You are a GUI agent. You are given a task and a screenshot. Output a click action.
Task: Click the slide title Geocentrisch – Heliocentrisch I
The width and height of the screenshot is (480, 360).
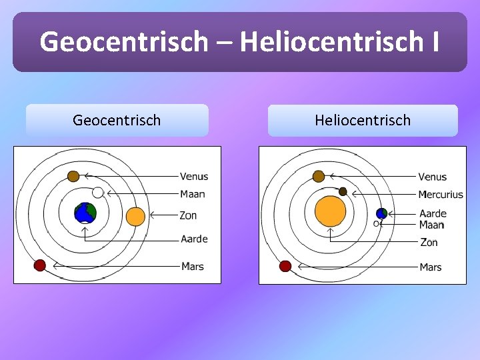(x=239, y=41)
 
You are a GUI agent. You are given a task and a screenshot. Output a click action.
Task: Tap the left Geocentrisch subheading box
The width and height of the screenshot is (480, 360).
(x=117, y=121)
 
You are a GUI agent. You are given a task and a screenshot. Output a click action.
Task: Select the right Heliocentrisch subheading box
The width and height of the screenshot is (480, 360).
(x=363, y=121)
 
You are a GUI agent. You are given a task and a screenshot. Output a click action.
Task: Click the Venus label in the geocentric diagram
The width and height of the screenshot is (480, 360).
(x=194, y=177)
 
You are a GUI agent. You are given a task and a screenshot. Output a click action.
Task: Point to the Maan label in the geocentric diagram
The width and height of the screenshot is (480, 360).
(x=193, y=194)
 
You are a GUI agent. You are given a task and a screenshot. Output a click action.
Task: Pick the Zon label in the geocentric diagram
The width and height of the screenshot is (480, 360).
(x=188, y=215)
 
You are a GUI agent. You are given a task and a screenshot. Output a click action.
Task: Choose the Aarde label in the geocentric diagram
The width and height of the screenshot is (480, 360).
(x=194, y=239)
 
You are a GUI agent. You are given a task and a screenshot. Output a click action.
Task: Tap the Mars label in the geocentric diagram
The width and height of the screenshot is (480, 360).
(x=193, y=267)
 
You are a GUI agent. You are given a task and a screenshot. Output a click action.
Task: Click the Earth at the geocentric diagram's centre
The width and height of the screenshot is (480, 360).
(x=85, y=213)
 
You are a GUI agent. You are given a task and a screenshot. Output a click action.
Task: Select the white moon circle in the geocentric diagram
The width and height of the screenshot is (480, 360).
(x=98, y=193)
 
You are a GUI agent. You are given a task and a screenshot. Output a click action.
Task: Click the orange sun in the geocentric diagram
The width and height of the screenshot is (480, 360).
(x=135, y=217)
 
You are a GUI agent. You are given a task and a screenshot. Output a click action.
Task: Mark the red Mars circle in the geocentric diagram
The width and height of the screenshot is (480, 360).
(x=40, y=265)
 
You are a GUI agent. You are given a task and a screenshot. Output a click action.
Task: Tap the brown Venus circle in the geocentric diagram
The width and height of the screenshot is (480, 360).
(x=73, y=176)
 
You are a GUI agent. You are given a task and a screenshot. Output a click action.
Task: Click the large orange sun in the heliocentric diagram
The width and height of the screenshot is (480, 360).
(x=330, y=211)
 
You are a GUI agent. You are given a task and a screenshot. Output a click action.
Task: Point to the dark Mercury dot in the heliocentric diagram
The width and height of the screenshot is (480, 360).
(x=343, y=191)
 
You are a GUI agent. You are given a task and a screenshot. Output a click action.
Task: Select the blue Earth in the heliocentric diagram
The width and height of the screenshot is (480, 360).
(x=381, y=213)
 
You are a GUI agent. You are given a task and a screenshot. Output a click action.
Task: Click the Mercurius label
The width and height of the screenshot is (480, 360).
(x=440, y=195)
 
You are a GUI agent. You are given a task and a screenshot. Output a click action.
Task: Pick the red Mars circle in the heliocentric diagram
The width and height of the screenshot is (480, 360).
(x=285, y=266)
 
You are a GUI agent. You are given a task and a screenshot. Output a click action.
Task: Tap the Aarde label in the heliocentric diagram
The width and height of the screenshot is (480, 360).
(x=433, y=214)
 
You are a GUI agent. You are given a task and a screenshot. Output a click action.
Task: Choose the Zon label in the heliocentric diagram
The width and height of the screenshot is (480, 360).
(x=429, y=243)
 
